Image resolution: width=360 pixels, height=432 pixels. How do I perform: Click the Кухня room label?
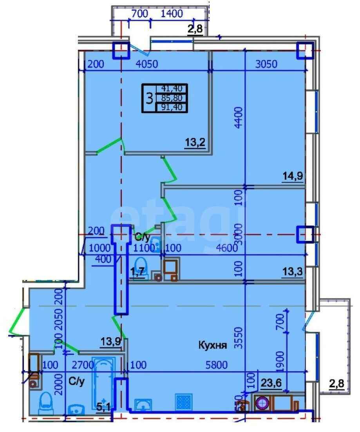pyautogui.click(x=213, y=345)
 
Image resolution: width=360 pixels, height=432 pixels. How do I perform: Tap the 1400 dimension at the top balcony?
pyautogui.click(x=172, y=14)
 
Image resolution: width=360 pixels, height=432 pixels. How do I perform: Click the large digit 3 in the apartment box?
pyautogui.click(x=149, y=98)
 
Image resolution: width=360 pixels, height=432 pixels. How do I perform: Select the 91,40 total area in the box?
pyautogui.click(x=172, y=107)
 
